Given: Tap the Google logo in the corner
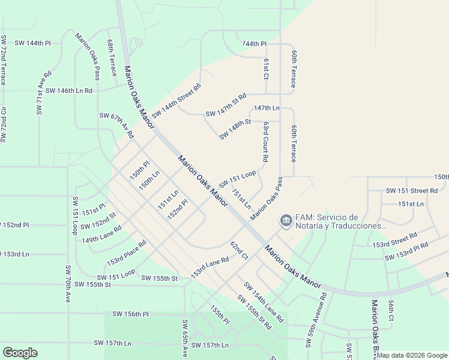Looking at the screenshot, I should coord(20,352).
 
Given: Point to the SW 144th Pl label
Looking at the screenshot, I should coord(33,44).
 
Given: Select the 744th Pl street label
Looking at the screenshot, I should coord(254,44).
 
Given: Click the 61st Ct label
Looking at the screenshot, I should coord(266,68).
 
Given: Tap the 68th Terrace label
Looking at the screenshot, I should coord(112,58).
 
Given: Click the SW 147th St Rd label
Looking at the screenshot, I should coord(226,105).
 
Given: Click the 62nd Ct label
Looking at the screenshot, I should coord(239,251).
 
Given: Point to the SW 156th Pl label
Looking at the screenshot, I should coord(130,314).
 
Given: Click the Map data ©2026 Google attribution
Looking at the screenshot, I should coord(412,355).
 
